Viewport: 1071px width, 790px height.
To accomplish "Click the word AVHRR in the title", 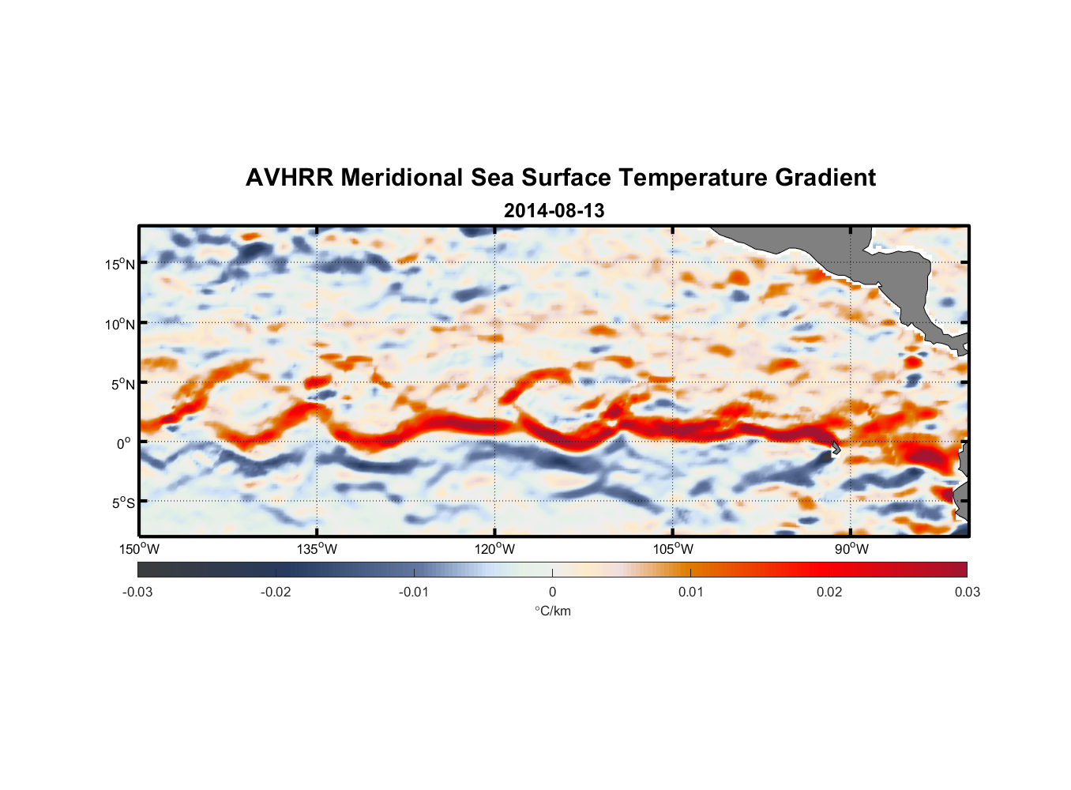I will tap(289, 178).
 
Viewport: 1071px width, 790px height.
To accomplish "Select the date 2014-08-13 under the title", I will tap(554, 211).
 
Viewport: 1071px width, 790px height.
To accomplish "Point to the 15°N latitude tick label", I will tap(119, 264).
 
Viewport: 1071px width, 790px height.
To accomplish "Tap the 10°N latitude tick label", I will tap(119, 324).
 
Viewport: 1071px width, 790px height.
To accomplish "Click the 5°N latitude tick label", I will tap(122, 384).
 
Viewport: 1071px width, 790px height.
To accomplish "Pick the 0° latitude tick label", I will tap(124, 443).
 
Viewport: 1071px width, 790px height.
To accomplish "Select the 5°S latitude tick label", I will tap(122, 502).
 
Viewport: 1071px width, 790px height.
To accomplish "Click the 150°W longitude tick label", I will tap(139, 549).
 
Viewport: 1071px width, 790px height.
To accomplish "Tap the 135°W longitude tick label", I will tap(318, 549).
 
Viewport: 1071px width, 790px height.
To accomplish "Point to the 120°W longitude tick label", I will tap(495, 549).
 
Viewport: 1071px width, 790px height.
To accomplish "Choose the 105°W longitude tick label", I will tap(674, 549).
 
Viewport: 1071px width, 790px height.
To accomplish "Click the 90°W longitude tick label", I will tap(851, 549).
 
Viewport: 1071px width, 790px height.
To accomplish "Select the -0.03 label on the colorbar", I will tap(137, 592).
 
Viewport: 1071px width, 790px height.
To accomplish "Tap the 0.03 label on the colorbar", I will tap(967, 592).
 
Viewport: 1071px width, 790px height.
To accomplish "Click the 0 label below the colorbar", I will tap(552, 592).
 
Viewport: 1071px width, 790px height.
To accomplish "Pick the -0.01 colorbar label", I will tap(414, 592).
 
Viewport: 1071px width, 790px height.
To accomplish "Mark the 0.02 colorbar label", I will tap(829, 592).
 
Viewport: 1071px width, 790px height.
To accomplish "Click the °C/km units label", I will tap(552, 611).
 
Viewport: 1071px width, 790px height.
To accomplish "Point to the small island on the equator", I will tap(836, 448).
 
